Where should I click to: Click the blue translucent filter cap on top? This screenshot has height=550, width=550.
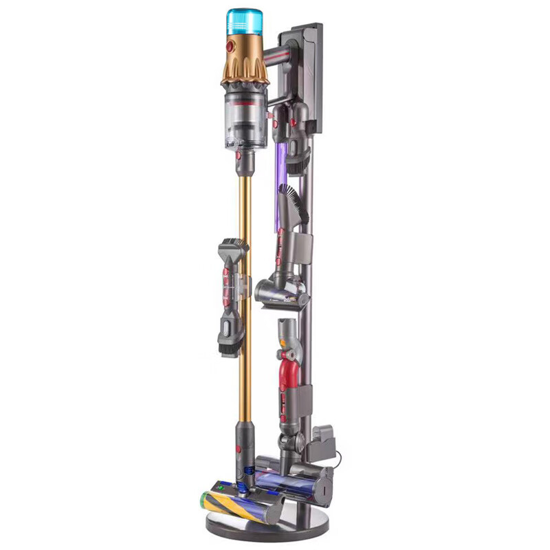point(244,22)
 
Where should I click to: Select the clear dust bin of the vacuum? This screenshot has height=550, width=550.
point(245,120)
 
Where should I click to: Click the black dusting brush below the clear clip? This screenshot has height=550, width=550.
point(230,337)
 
